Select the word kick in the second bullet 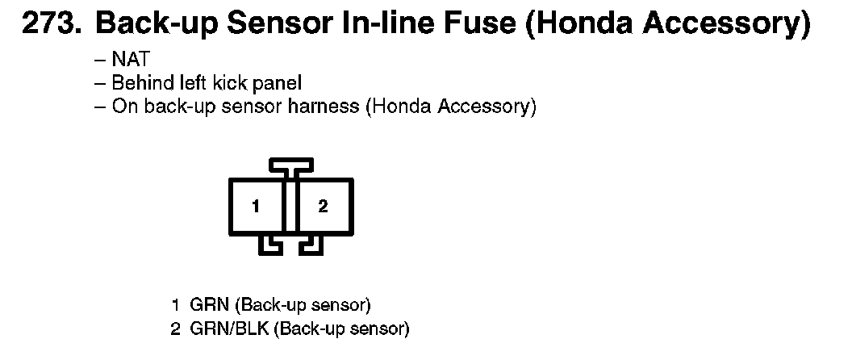click(x=235, y=82)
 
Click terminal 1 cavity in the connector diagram click(x=256, y=206)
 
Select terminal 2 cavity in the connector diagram click(x=324, y=206)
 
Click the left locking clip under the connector click(x=269, y=245)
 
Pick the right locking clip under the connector click(x=311, y=245)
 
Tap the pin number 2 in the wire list click(x=174, y=329)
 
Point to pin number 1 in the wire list click(x=174, y=305)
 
